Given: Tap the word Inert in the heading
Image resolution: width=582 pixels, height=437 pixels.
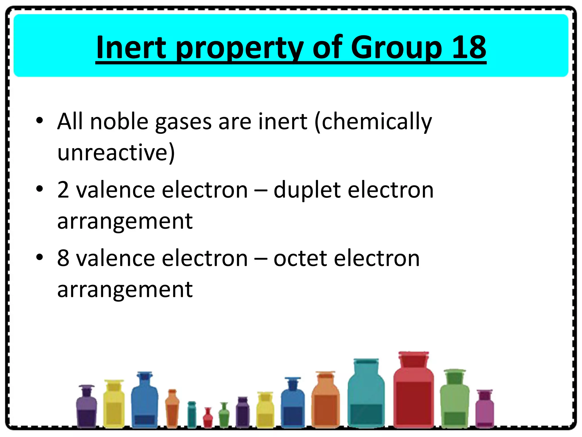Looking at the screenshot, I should (x=131, y=47).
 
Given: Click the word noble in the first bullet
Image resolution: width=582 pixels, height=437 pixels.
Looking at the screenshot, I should (x=119, y=121).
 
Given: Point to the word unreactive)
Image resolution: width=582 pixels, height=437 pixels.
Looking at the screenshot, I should (x=116, y=152).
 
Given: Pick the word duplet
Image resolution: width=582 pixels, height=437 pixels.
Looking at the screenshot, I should (x=307, y=190).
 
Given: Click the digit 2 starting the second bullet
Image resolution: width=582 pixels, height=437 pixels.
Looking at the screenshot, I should (x=63, y=190).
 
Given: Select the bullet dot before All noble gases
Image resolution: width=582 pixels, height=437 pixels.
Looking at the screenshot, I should (x=40, y=120).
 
